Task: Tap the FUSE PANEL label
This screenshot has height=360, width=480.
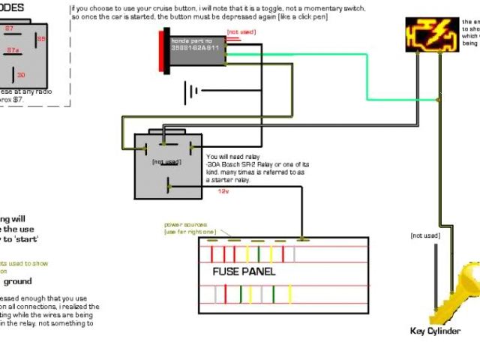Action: (x=244, y=271)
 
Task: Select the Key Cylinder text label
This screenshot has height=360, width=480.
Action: (x=435, y=331)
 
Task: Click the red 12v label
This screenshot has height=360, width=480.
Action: (x=223, y=191)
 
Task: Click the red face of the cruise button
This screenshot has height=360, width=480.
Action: (x=163, y=47)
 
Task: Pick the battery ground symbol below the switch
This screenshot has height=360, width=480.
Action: (x=192, y=91)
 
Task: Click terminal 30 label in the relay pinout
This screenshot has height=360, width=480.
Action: (x=22, y=74)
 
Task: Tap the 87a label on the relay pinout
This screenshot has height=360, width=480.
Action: (x=13, y=50)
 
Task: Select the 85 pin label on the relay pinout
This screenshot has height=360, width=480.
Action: (x=40, y=38)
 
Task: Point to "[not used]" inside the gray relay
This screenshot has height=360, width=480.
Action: (x=166, y=161)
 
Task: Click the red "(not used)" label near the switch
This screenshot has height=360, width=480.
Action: (x=241, y=31)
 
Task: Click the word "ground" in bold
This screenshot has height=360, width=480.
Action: (x=18, y=282)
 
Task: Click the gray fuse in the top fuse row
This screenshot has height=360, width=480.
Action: (x=295, y=253)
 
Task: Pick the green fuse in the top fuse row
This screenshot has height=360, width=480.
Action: (x=258, y=253)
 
